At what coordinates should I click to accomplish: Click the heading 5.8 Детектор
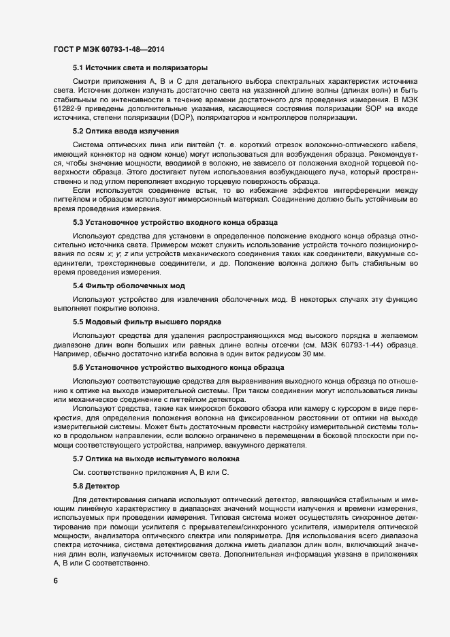pyautogui.click(x=96, y=486)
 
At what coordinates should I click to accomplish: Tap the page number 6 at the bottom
pyautogui.click(x=55, y=581)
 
